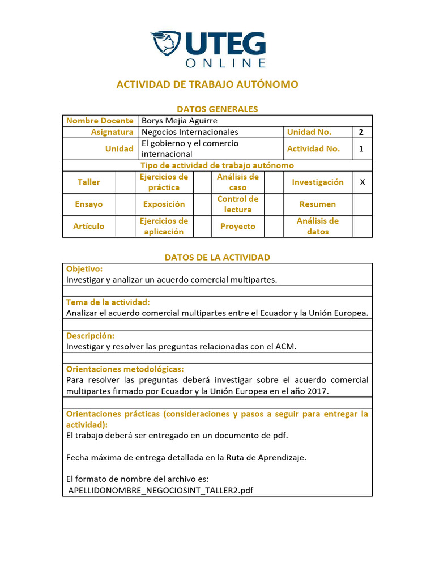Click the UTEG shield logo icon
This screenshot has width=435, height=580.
[x=165, y=44]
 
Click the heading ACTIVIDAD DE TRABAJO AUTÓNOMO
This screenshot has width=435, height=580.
[x=207, y=84]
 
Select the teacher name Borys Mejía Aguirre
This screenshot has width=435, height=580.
[x=179, y=121]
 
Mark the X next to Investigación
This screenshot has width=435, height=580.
[x=362, y=182]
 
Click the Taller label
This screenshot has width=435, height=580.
[x=88, y=182]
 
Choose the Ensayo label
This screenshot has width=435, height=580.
[x=88, y=204]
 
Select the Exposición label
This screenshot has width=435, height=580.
[x=164, y=204]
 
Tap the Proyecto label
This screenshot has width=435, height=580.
[x=238, y=226]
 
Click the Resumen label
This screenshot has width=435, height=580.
[x=318, y=204]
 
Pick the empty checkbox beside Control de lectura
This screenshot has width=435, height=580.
[x=274, y=204]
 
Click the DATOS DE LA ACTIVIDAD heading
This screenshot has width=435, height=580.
[x=217, y=257]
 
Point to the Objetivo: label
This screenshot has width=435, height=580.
[x=84, y=269]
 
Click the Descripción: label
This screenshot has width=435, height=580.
[x=90, y=336]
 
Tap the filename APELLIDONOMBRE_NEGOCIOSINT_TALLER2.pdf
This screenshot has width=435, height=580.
[x=160, y=491]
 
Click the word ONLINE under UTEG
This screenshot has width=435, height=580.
[x=225, y=63]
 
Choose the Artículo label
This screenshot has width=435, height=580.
[x=88, y=226]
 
